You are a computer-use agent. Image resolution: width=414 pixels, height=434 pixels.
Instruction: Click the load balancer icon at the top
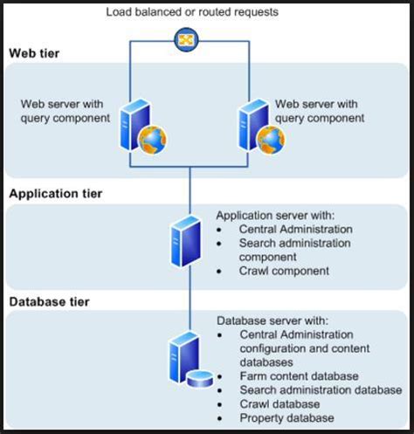click(186, 40)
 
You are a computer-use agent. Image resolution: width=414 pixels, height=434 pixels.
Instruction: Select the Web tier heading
click(34, 53)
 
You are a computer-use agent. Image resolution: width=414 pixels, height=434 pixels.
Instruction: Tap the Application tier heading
click(56, 194)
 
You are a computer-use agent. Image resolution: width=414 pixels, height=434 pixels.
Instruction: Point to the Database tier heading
click(49, 302)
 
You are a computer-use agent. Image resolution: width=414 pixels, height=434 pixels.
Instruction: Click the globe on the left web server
click(153, 140)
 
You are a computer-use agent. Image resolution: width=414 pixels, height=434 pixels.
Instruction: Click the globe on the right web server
click(271, 140)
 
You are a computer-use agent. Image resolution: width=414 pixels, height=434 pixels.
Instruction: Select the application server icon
click(186, 241)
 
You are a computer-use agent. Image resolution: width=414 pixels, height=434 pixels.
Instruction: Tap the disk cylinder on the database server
click(200, 378)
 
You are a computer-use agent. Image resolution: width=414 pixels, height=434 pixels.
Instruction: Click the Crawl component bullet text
click(284, 271)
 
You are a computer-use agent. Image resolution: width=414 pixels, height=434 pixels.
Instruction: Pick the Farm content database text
click(299, 376)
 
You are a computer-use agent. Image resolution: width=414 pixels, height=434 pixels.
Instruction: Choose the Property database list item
click(286, 418)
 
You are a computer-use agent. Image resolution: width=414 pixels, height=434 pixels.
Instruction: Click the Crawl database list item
click(279, 404)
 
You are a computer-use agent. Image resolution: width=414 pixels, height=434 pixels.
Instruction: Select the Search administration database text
click(321, 390)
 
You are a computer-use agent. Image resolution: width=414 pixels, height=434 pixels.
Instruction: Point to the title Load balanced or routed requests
click(192, 12)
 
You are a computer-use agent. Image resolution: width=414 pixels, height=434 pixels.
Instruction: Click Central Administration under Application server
click(296, 230)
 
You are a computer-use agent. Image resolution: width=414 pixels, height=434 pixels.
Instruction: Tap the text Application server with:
click(275, 216)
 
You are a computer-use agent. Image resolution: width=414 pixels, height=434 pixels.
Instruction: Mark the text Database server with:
click(273, 320)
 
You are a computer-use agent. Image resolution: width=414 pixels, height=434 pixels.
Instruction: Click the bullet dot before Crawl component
click(219, 272)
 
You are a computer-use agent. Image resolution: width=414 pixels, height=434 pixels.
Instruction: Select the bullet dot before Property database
click(220, 419)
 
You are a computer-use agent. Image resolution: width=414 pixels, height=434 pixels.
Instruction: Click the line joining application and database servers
click(190, 299)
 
